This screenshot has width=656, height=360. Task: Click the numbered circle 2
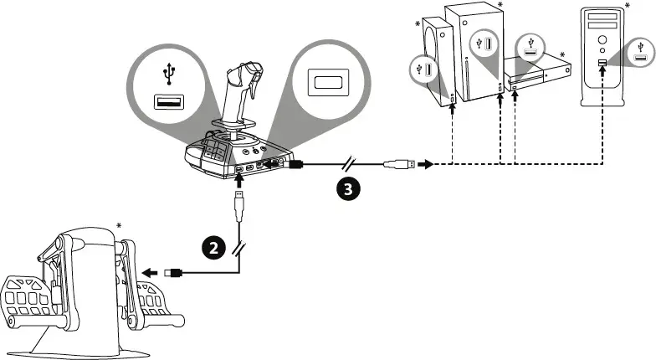(x=212, y=247)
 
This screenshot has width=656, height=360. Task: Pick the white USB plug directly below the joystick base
(x=240, y=201)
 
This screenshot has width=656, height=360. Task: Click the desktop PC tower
(x=604, y=59)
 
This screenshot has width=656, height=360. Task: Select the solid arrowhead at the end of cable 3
(x=427, y=165)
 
